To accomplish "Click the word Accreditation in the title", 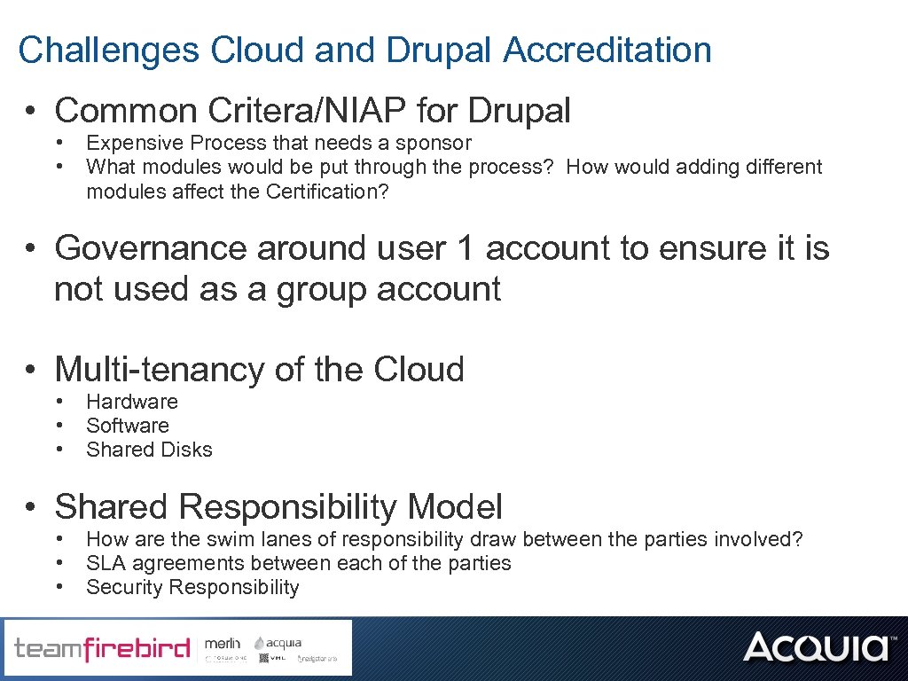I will click(607, 51).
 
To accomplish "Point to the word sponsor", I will click(433, 143).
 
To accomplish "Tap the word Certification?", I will click(327, 191).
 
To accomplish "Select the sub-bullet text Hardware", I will click(132, 402).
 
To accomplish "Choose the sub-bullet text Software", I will click(128, 426).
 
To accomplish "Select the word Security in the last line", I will click(124, 587).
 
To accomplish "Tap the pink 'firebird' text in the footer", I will click(137, 650).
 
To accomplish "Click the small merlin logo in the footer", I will click(222, 643).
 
